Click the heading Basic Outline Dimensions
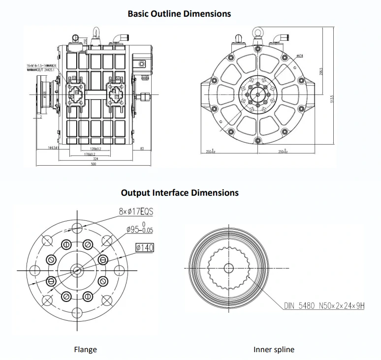pos(179,13)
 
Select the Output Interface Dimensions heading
pos(180,192)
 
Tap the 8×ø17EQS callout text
pos(136,212)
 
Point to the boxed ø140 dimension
pos(144,247)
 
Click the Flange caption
pos(85,350)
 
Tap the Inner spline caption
pos(274,350)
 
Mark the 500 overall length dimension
pos(94,163)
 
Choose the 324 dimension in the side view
pos(94,158)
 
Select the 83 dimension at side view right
pos(141,148)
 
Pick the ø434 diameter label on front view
pos(299,56)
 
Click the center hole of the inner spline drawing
pos(228,268)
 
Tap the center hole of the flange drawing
pos(77,269)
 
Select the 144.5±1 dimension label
pos(54,148)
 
